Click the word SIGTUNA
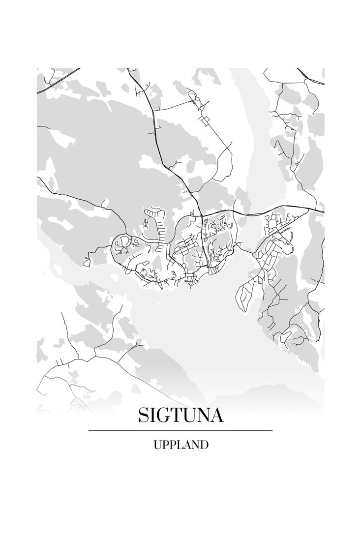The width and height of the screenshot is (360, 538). click(x=180, y=416)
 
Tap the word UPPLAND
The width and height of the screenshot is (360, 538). click(x=180, y=446)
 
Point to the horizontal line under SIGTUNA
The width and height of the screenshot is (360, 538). click(x=180, y=431)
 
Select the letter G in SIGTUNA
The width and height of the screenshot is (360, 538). click(x=165, y=416)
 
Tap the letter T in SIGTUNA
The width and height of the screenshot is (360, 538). click(x=179, y=416)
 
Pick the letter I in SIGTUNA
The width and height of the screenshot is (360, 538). click(x=154, y=416)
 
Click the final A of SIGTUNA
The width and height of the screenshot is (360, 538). click(x=216, y=416)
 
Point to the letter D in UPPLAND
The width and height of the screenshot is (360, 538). click(x=204, y=446)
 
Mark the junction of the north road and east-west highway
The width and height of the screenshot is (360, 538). click(x=201, y=214)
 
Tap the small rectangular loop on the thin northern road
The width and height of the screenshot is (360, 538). click(x=204, y=120)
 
